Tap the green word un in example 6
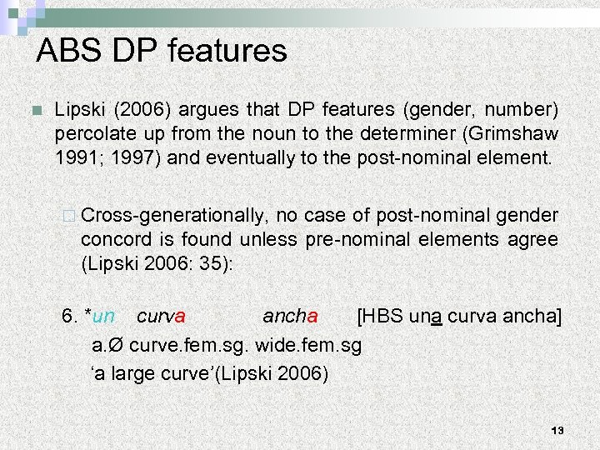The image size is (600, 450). click(103, 317)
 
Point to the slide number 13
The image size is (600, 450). click(557, 430)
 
